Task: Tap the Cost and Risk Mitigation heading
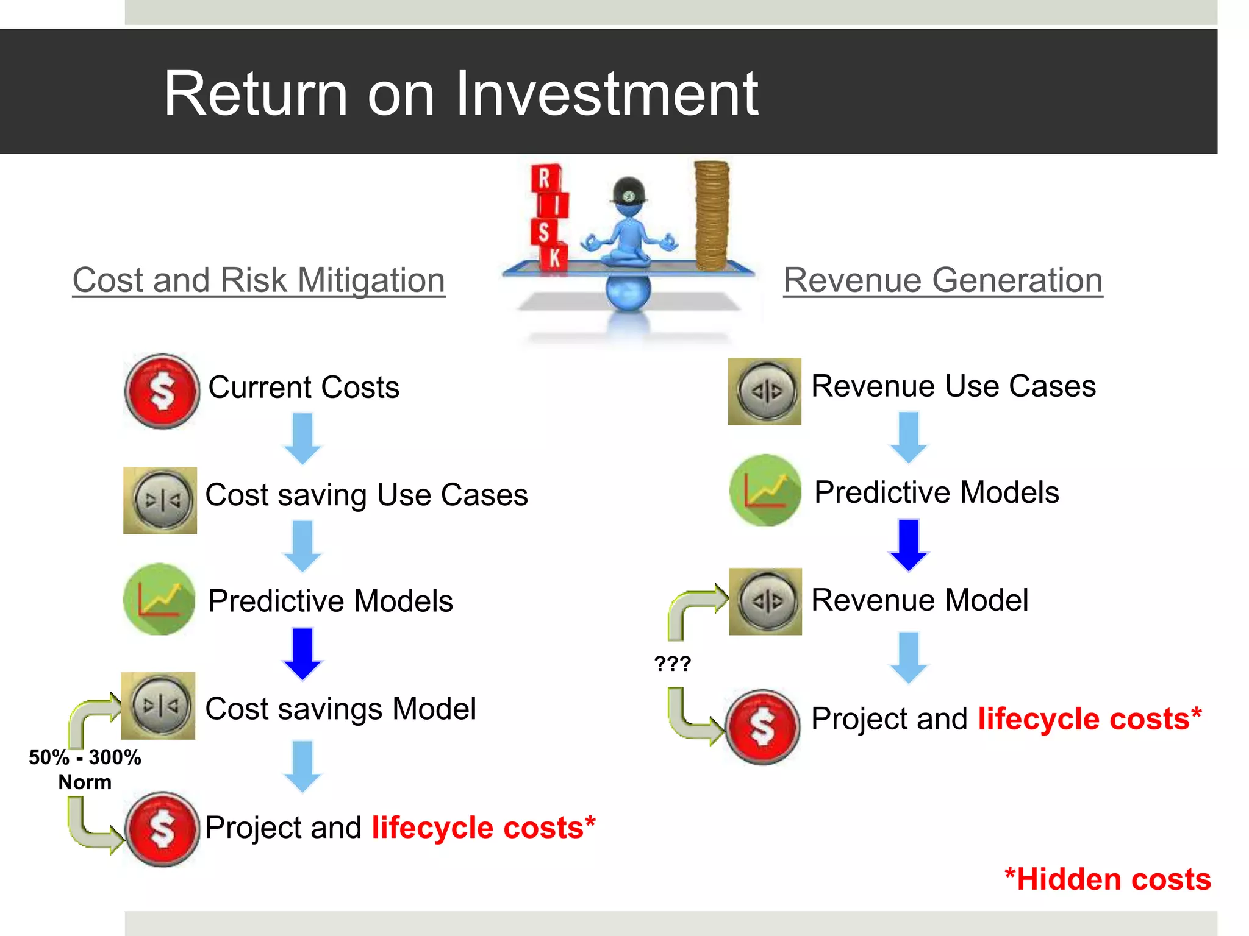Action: pyautogui.click(x=259, y=280)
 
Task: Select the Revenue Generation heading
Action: pyautogui.click(x=943, y=280)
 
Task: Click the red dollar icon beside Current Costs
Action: pyautogui.click(x=162, y=391)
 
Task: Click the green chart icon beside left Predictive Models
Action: pyautogui.click(x=160, y=600)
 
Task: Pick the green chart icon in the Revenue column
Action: pyautogui.click(x=765, y=491)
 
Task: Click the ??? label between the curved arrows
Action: pyautogui.click(x=672, y=664)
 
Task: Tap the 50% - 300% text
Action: pyautogui.click(x=85, y=757)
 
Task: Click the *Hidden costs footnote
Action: pyautogui.click(x=1107, y=879)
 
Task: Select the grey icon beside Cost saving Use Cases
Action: pyautogui.click(x=160, y=500)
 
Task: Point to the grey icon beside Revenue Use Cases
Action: pyautogui.click(x=765, y=391)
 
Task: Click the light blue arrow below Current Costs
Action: pyautogui.click(x=302, y=438)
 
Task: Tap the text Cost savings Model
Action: pyautogui.click(x=340, y=709)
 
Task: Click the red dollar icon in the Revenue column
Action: pyautogui.click(x=762, y=727)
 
